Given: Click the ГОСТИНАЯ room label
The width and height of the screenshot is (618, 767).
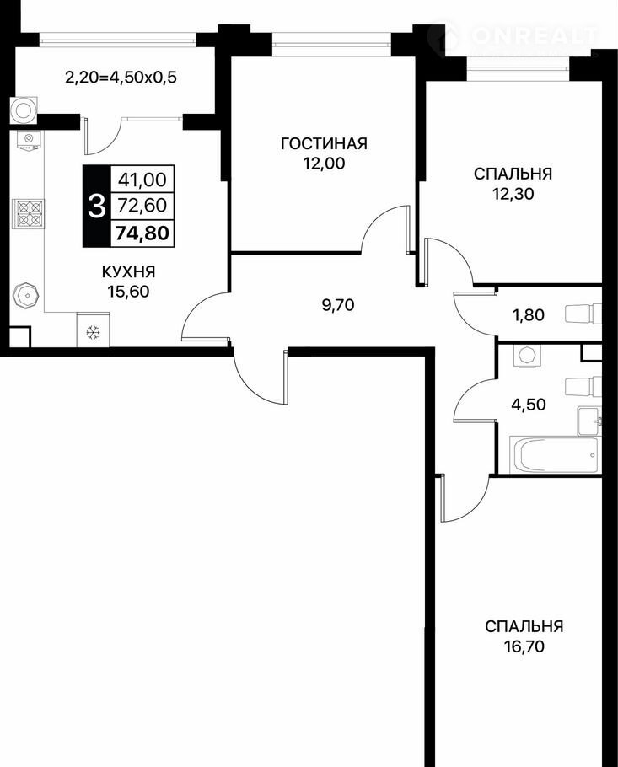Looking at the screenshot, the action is point(324,143).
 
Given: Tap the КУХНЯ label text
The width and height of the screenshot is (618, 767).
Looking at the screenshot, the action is point(128,271).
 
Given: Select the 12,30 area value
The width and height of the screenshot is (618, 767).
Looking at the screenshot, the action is point(513,194).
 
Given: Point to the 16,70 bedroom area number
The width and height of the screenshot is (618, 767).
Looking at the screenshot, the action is point(524,646).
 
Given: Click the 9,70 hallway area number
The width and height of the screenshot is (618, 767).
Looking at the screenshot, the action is point(338,305).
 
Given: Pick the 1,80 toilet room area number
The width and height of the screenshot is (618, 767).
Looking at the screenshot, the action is point(528,314).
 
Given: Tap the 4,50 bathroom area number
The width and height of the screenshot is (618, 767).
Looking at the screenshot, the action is point(528,405).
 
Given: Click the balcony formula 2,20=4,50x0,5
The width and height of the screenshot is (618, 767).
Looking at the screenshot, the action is point(121,78).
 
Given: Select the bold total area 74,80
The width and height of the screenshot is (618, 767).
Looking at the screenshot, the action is point(142,233).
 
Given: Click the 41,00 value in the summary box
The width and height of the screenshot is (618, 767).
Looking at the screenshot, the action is point(142,180).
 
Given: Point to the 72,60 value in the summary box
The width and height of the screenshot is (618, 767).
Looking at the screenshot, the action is point(142,206).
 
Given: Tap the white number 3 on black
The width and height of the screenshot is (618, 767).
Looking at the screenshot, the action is point(96,206).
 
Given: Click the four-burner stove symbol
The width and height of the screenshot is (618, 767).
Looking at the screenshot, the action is point(29,214).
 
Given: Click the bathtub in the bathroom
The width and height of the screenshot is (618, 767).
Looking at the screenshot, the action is point(553,455).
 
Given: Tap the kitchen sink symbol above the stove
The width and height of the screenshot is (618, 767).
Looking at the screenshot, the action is point(29,141).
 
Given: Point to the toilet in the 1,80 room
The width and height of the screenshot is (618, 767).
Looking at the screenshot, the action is point(583,314).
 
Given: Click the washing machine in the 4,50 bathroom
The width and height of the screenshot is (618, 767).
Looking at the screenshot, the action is point(526,355).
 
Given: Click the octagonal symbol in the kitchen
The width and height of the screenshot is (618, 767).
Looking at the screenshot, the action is point(26,296).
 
